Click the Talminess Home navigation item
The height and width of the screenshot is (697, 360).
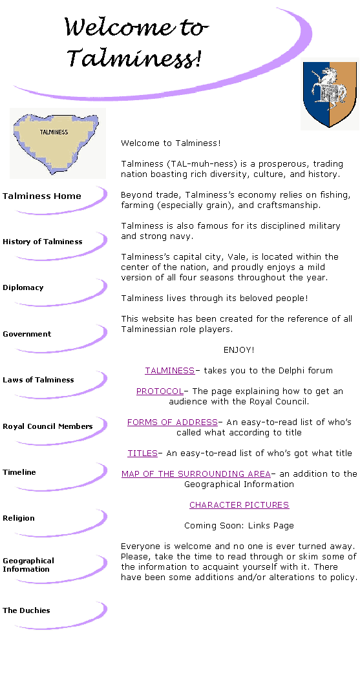(x=42, y=196)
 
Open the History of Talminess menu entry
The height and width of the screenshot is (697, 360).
(x=42, y=242)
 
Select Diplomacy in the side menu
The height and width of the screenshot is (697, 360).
(x=23, y=287)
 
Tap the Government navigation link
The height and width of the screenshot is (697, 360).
(x=26, y=334)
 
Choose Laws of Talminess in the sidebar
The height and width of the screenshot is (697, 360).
(x=38, y=380)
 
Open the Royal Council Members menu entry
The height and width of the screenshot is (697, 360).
(x=48, y=426)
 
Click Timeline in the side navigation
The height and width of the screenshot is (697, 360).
(x=19, y=472)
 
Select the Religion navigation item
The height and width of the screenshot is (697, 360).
(x=18, y=518)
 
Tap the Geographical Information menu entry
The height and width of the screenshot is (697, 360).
(x=28, y=565)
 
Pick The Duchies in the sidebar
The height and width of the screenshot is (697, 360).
(x=26, y=610)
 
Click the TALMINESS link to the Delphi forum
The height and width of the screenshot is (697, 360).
(x=169, y=370)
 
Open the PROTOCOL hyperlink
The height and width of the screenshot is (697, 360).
(x=160, y=391)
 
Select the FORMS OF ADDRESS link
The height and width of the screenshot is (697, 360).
(x=172, y=422)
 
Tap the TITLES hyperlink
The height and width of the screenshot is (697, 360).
(x=142, y=453)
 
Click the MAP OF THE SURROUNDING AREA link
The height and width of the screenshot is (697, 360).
(x=196, y=474)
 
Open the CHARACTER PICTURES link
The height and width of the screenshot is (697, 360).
(x=239, y=505)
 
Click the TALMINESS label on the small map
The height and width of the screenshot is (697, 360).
(x=54, y=132)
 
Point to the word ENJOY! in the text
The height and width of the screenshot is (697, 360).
(x=239, y=350)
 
